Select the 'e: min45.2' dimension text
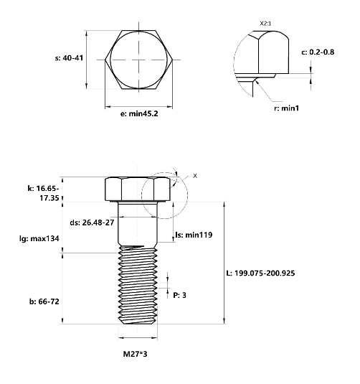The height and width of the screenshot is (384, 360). (133, 114)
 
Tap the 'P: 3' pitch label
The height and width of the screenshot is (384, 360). (180, 295)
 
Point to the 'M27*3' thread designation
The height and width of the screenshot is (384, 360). (136, 354)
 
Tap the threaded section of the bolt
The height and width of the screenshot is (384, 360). (136, 287)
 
